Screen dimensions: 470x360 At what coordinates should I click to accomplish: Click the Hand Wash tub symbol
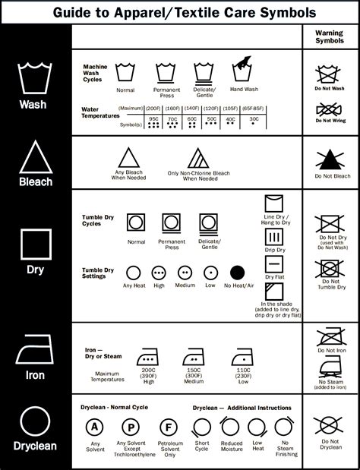point(242,71)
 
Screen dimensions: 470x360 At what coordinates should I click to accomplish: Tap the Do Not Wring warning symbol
point(329,112)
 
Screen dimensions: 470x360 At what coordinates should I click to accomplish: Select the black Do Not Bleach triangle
point(329,159)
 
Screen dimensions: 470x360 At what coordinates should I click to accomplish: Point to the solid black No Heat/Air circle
point(237,272)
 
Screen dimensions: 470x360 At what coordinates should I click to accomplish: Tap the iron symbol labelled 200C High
point(146,357)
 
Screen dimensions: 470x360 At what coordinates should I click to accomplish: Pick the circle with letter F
point(170,426)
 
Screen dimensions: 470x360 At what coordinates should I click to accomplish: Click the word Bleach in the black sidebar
point(36,181)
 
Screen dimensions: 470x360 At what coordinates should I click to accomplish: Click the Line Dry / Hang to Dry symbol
point(274,204)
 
